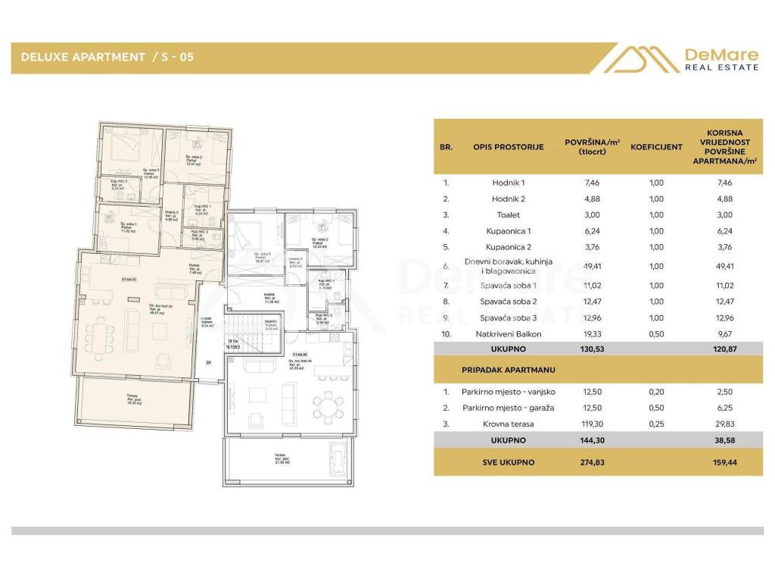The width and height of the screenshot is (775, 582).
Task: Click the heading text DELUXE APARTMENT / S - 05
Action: [x=107, y=56]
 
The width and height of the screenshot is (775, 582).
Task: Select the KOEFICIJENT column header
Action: [x=656, y=146]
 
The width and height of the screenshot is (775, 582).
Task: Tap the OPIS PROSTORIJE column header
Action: [x=508, y=146]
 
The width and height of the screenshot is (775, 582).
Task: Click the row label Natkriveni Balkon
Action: [x=508, y=333]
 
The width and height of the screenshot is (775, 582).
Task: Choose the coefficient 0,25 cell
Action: [x=656, y=424]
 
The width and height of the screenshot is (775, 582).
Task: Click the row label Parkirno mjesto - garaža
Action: [x=508, y=408]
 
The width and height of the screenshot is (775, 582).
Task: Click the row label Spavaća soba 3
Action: [x=508, y=318]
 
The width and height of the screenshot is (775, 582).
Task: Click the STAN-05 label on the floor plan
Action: [x=129, y=279]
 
